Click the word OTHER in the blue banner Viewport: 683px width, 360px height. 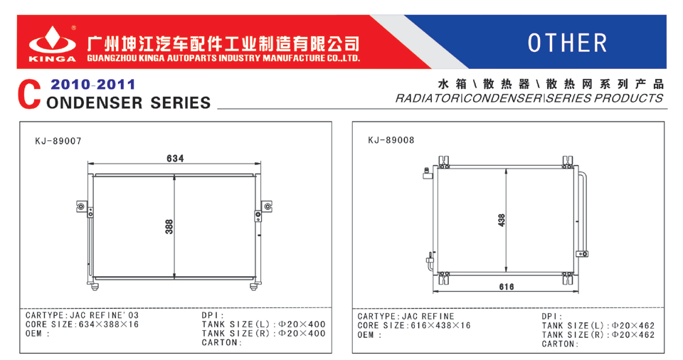coord(567,43)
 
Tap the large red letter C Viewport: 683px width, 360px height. coord(29,95)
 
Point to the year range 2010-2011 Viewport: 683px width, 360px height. coord(92,84)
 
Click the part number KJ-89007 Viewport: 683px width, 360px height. coord(58,141)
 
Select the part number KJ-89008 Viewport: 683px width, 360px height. coord(391,140)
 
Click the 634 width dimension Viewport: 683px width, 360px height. coord(175,158)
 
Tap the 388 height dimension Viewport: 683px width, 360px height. coord(169,227)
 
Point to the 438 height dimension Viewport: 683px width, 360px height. coord(502,220)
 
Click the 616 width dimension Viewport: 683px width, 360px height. coord(507,286)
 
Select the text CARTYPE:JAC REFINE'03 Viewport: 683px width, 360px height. coord(82,315)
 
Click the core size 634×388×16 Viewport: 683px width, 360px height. coord(108,324)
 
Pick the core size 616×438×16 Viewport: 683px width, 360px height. coord(441,326)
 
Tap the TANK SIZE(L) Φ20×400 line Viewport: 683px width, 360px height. coord(263,324)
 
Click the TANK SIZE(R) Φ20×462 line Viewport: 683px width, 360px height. coord(598,334)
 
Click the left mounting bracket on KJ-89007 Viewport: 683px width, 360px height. coord(81,206)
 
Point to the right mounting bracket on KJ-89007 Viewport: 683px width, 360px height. coord(267,206)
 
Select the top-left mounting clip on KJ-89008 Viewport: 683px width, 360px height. coord(444,162)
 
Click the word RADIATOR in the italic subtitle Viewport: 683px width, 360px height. coord(427,98)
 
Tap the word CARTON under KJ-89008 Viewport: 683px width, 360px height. coord(558,344)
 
